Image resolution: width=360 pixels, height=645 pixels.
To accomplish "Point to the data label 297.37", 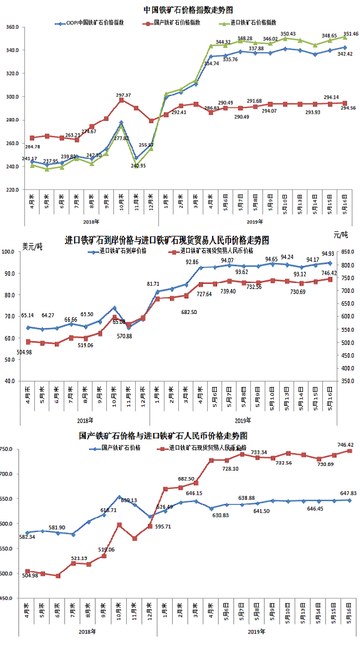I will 124,95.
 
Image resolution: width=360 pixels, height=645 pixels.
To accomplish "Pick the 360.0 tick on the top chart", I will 12,27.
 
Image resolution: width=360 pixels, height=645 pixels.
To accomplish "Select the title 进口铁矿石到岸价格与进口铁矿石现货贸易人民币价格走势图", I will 167,240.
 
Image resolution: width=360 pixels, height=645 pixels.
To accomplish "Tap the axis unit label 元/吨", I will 341,235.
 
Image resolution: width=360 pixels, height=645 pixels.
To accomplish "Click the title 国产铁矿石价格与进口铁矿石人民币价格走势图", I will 163,436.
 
